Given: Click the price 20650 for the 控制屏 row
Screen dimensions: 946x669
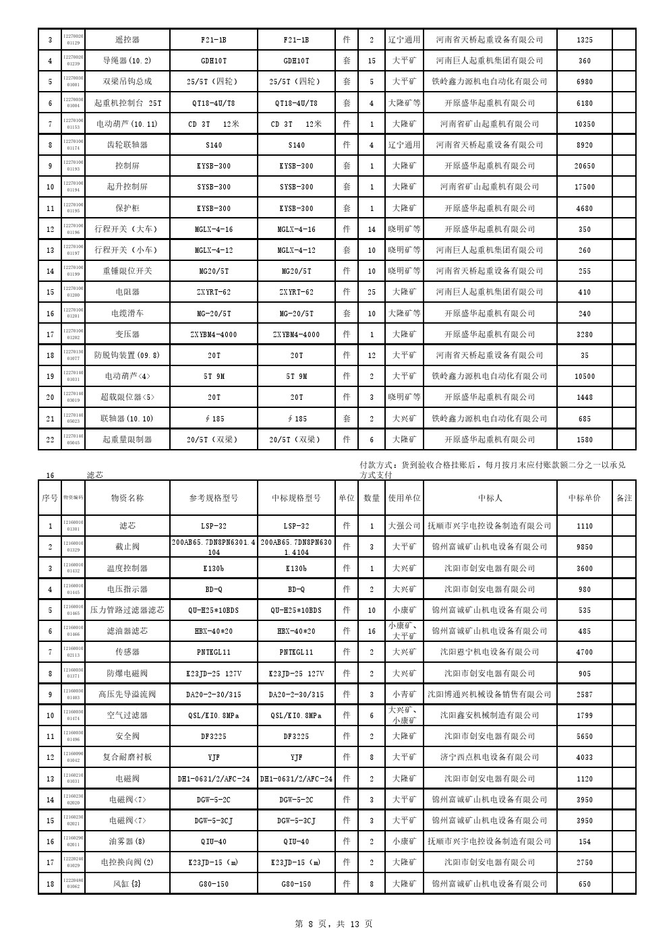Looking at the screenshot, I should click(584, 166).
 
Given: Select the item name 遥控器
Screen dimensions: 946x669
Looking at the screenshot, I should click(127, 40).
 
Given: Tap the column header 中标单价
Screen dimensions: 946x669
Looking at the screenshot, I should click(584, 498).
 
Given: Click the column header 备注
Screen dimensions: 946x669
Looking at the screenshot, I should click(624, 498).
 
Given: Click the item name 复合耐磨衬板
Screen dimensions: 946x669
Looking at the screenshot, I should click(127, 757).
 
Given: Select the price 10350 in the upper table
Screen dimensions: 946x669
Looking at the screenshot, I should click(584, 124).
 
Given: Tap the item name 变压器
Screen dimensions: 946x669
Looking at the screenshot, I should click(127, 334).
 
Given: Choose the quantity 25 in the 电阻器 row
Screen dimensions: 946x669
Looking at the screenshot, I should click(372, 293).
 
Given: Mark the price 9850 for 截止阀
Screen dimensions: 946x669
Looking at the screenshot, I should click(584, 547).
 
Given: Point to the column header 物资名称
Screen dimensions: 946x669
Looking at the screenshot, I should click(127, 498).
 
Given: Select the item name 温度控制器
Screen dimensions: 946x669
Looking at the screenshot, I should click(127, 568).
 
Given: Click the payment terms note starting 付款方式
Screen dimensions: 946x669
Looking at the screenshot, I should click(492, 469).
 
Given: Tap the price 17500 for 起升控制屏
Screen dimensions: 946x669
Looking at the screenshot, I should click(584, 187).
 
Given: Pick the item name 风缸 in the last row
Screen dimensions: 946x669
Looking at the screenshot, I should click(127, 884).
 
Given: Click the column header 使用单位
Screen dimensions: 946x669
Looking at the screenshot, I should click(404, 498).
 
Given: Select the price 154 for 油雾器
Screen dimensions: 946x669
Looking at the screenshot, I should click(584, 841).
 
